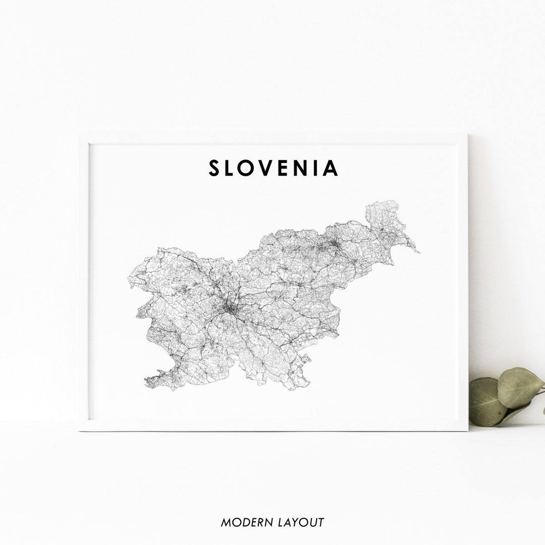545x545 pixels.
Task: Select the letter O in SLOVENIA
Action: pyautogui.click(x=251, y=168)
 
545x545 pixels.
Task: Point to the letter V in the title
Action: pyautogui.click(x=271, y=168)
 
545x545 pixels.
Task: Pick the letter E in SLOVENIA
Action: pyautogui.click(x=289, y=168)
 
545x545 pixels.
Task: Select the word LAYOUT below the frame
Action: pyautogui.click(x=300, y=522)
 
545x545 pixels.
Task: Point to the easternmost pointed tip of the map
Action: pyautogui.click(x=418, y=251)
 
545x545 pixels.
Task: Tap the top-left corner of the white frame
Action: pyautogui.click(x=80, y=134)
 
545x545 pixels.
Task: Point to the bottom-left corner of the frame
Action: pyautogui.click(x=80, y=430)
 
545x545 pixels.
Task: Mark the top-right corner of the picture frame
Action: pyautogui.click(x=467, y=134)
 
